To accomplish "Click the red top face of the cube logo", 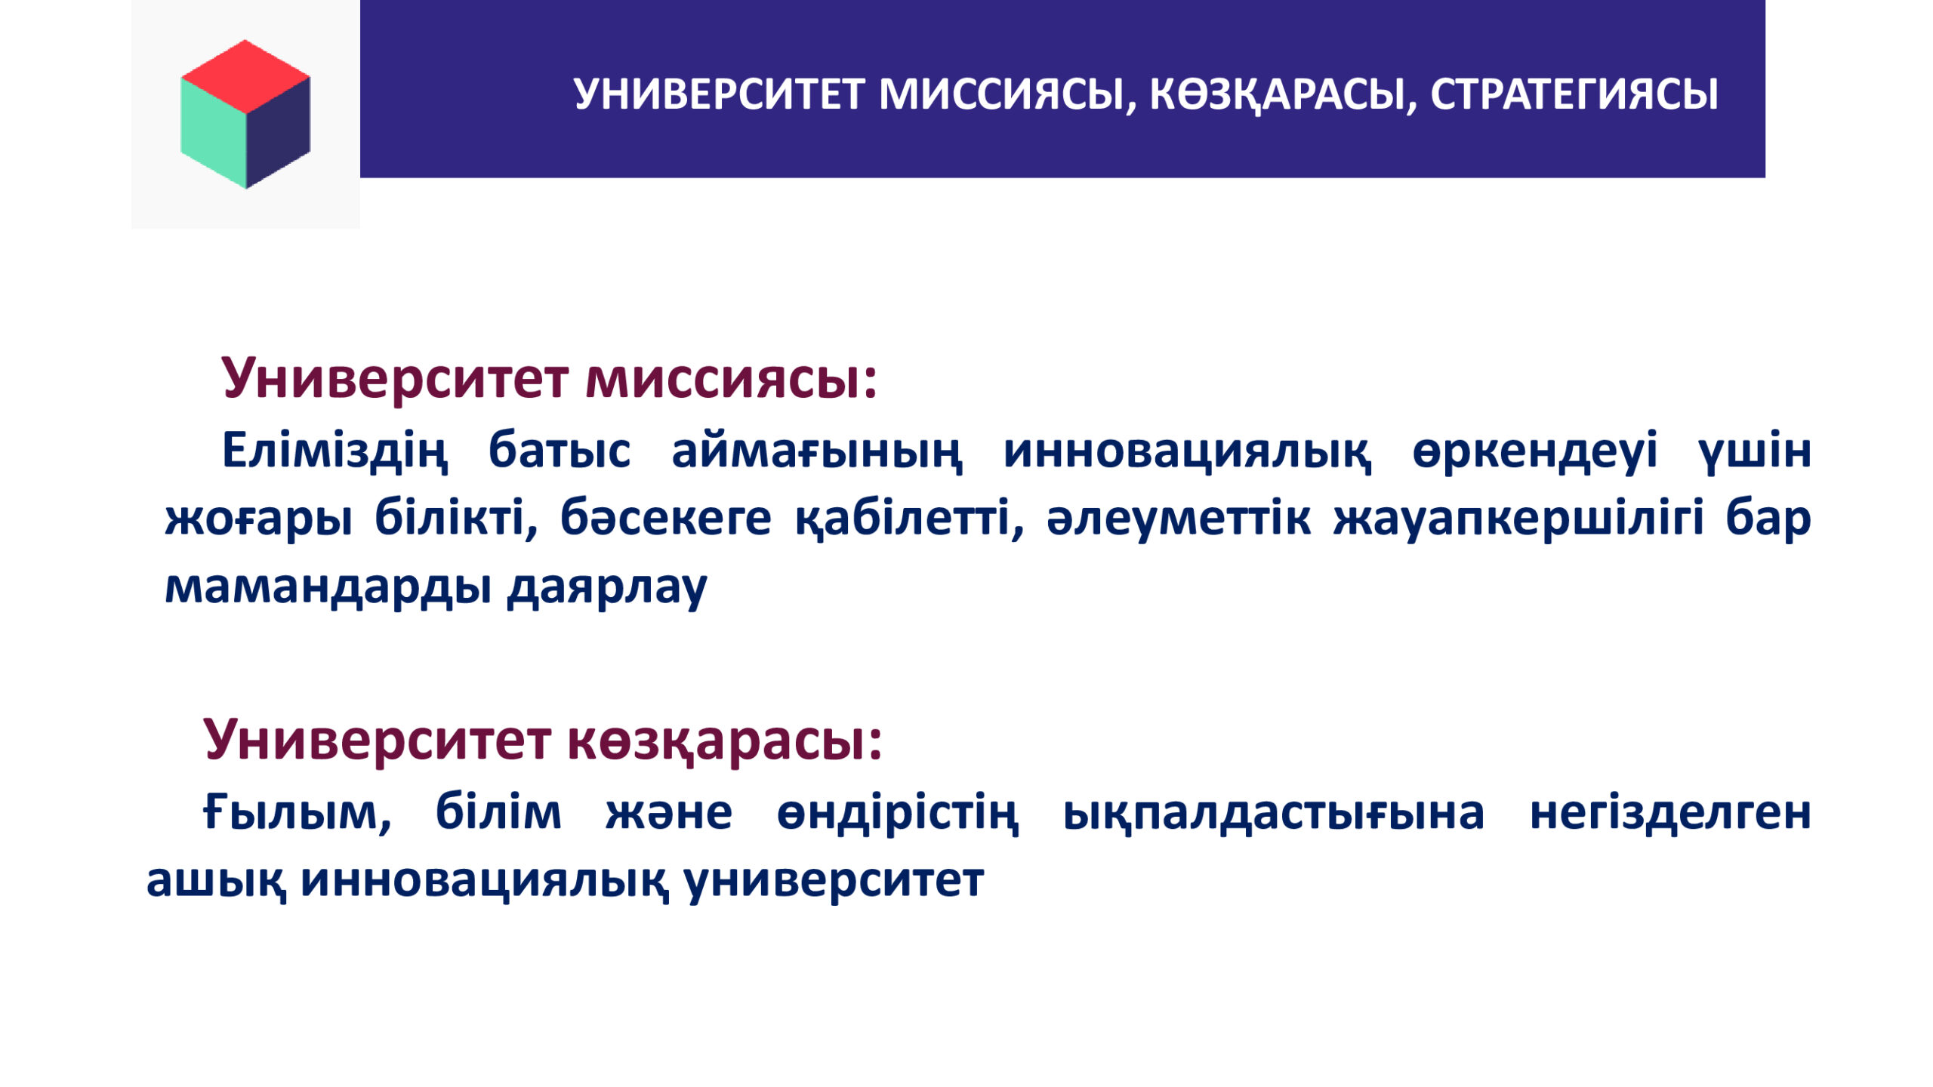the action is [x=245, y=75].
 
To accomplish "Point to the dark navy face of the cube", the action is [x=278, y=132].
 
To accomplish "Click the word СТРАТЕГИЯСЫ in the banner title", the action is [x=1574, y=95].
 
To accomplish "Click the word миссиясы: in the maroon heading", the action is [x=731, y=378].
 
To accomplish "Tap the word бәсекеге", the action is [x=665, y=519].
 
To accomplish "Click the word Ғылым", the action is [x=298, y=814].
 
